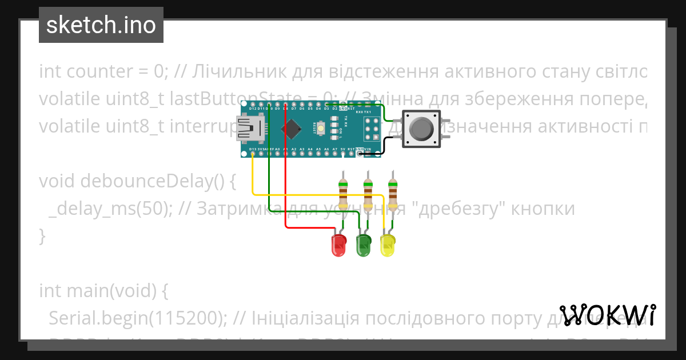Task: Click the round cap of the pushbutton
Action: point(421,129)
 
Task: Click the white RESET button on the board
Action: point(321,128)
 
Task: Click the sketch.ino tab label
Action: point(101,25)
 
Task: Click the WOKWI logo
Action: point(607,315)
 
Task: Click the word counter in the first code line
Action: point(100,72)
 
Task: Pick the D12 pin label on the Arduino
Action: point(253,107)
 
